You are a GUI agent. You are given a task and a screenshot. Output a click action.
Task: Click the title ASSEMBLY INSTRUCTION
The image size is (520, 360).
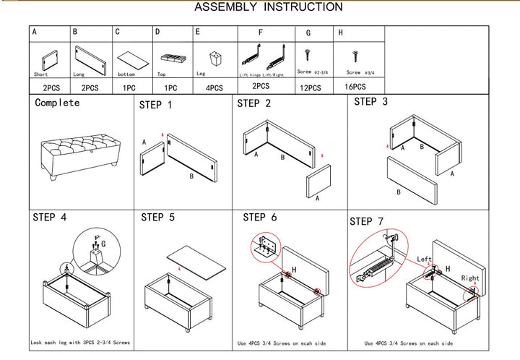coord(269,7)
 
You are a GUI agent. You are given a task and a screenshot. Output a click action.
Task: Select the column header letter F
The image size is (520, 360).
coord(261,33)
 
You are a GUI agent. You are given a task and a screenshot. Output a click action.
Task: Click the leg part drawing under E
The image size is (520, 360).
coord(214,57)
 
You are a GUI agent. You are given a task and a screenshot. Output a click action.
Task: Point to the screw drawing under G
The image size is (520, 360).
coord(308,54)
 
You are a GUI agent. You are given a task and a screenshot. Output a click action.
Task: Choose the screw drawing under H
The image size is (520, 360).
coord(355,55)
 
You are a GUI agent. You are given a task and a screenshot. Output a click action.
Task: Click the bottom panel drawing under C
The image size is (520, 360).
coord(131,59)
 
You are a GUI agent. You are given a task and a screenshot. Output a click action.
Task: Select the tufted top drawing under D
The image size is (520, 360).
coord(172,58)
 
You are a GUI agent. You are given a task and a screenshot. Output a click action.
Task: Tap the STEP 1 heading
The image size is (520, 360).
coord(155,106)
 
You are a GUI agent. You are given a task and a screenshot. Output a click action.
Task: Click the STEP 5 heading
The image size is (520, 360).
coord(157,216)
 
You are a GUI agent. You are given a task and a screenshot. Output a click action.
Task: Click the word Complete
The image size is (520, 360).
coord(57,103)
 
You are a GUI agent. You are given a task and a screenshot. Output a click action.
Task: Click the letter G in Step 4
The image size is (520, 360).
coord(104,244)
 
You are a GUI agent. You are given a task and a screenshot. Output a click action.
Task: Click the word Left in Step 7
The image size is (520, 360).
coord(425,259)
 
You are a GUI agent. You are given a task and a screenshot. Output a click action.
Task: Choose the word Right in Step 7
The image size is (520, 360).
coord(470,278)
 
